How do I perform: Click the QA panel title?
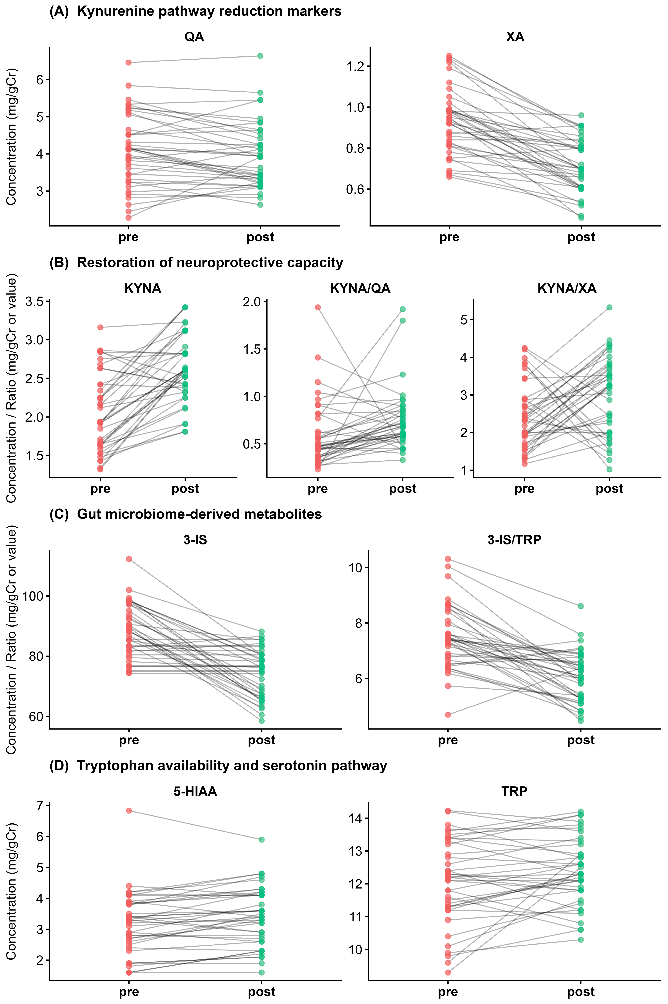coord(194,37)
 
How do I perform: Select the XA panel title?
coord(515,37)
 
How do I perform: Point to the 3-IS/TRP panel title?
coord(514,540)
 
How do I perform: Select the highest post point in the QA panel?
coord(260,56)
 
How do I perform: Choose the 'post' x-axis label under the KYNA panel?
coord(185,489)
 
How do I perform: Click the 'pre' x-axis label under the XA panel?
coord(449,237)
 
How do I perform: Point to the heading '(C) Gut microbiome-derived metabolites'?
coord(186,514)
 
